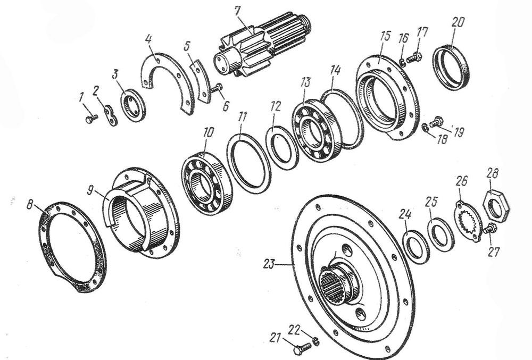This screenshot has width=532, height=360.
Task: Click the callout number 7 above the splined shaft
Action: [x=237, y=11]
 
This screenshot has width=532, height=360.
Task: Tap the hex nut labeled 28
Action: [x=496, y=206]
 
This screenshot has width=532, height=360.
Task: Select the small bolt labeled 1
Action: [x=92, y=119]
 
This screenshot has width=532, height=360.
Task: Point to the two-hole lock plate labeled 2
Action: [x=111, y=115]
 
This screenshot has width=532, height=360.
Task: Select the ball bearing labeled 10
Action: [x=207, y=183]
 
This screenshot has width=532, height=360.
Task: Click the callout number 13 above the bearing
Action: [x=305, y=83]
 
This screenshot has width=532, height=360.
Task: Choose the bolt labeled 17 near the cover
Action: [x=413, y=58]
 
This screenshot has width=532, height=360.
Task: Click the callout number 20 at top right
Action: [x=458, y=22]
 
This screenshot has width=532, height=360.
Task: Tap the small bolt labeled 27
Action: [x=490, y=229]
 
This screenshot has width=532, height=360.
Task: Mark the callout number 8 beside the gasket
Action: [x=30, y=205]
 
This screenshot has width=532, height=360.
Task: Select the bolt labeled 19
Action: [x=436, y=122]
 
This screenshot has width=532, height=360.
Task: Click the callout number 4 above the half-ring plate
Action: [x=148, y=39]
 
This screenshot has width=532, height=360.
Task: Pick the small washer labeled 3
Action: [x=133, y=105]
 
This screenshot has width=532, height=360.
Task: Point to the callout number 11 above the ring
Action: [x=242, y=117]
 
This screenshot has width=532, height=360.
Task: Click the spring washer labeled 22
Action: [x=316, y=340]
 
